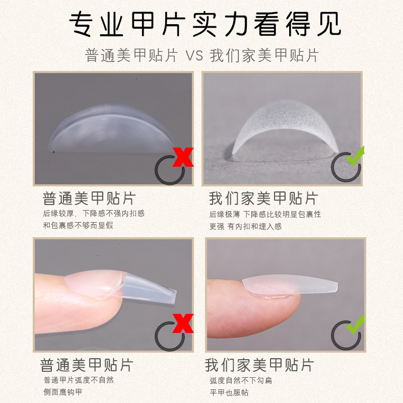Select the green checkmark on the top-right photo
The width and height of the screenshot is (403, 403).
point(355,157)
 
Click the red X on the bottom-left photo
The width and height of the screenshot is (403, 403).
point(183,323)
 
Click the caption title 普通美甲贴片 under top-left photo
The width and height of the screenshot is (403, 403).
point(89,198)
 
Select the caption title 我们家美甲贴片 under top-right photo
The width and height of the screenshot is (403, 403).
point(263,198)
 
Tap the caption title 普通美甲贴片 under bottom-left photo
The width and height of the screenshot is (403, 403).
point(87,365)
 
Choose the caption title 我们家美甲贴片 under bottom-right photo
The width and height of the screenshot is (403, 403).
point(260,365)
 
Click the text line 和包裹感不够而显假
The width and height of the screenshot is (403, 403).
point(78,226)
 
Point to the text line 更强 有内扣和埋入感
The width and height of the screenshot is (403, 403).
point(245,227)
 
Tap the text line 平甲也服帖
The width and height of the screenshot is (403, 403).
point(229,392)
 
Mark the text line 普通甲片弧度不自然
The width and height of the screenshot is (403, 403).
point(79,380)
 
